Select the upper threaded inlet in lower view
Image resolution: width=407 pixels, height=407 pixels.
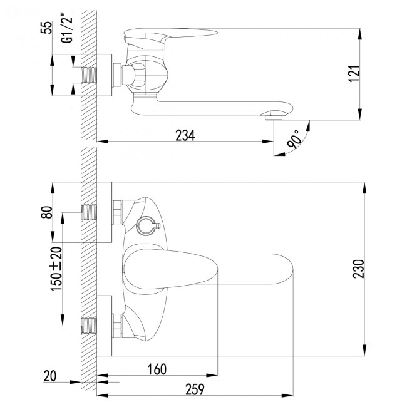[x=89, y=212]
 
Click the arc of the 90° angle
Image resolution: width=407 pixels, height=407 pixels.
[x=304, y=134]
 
